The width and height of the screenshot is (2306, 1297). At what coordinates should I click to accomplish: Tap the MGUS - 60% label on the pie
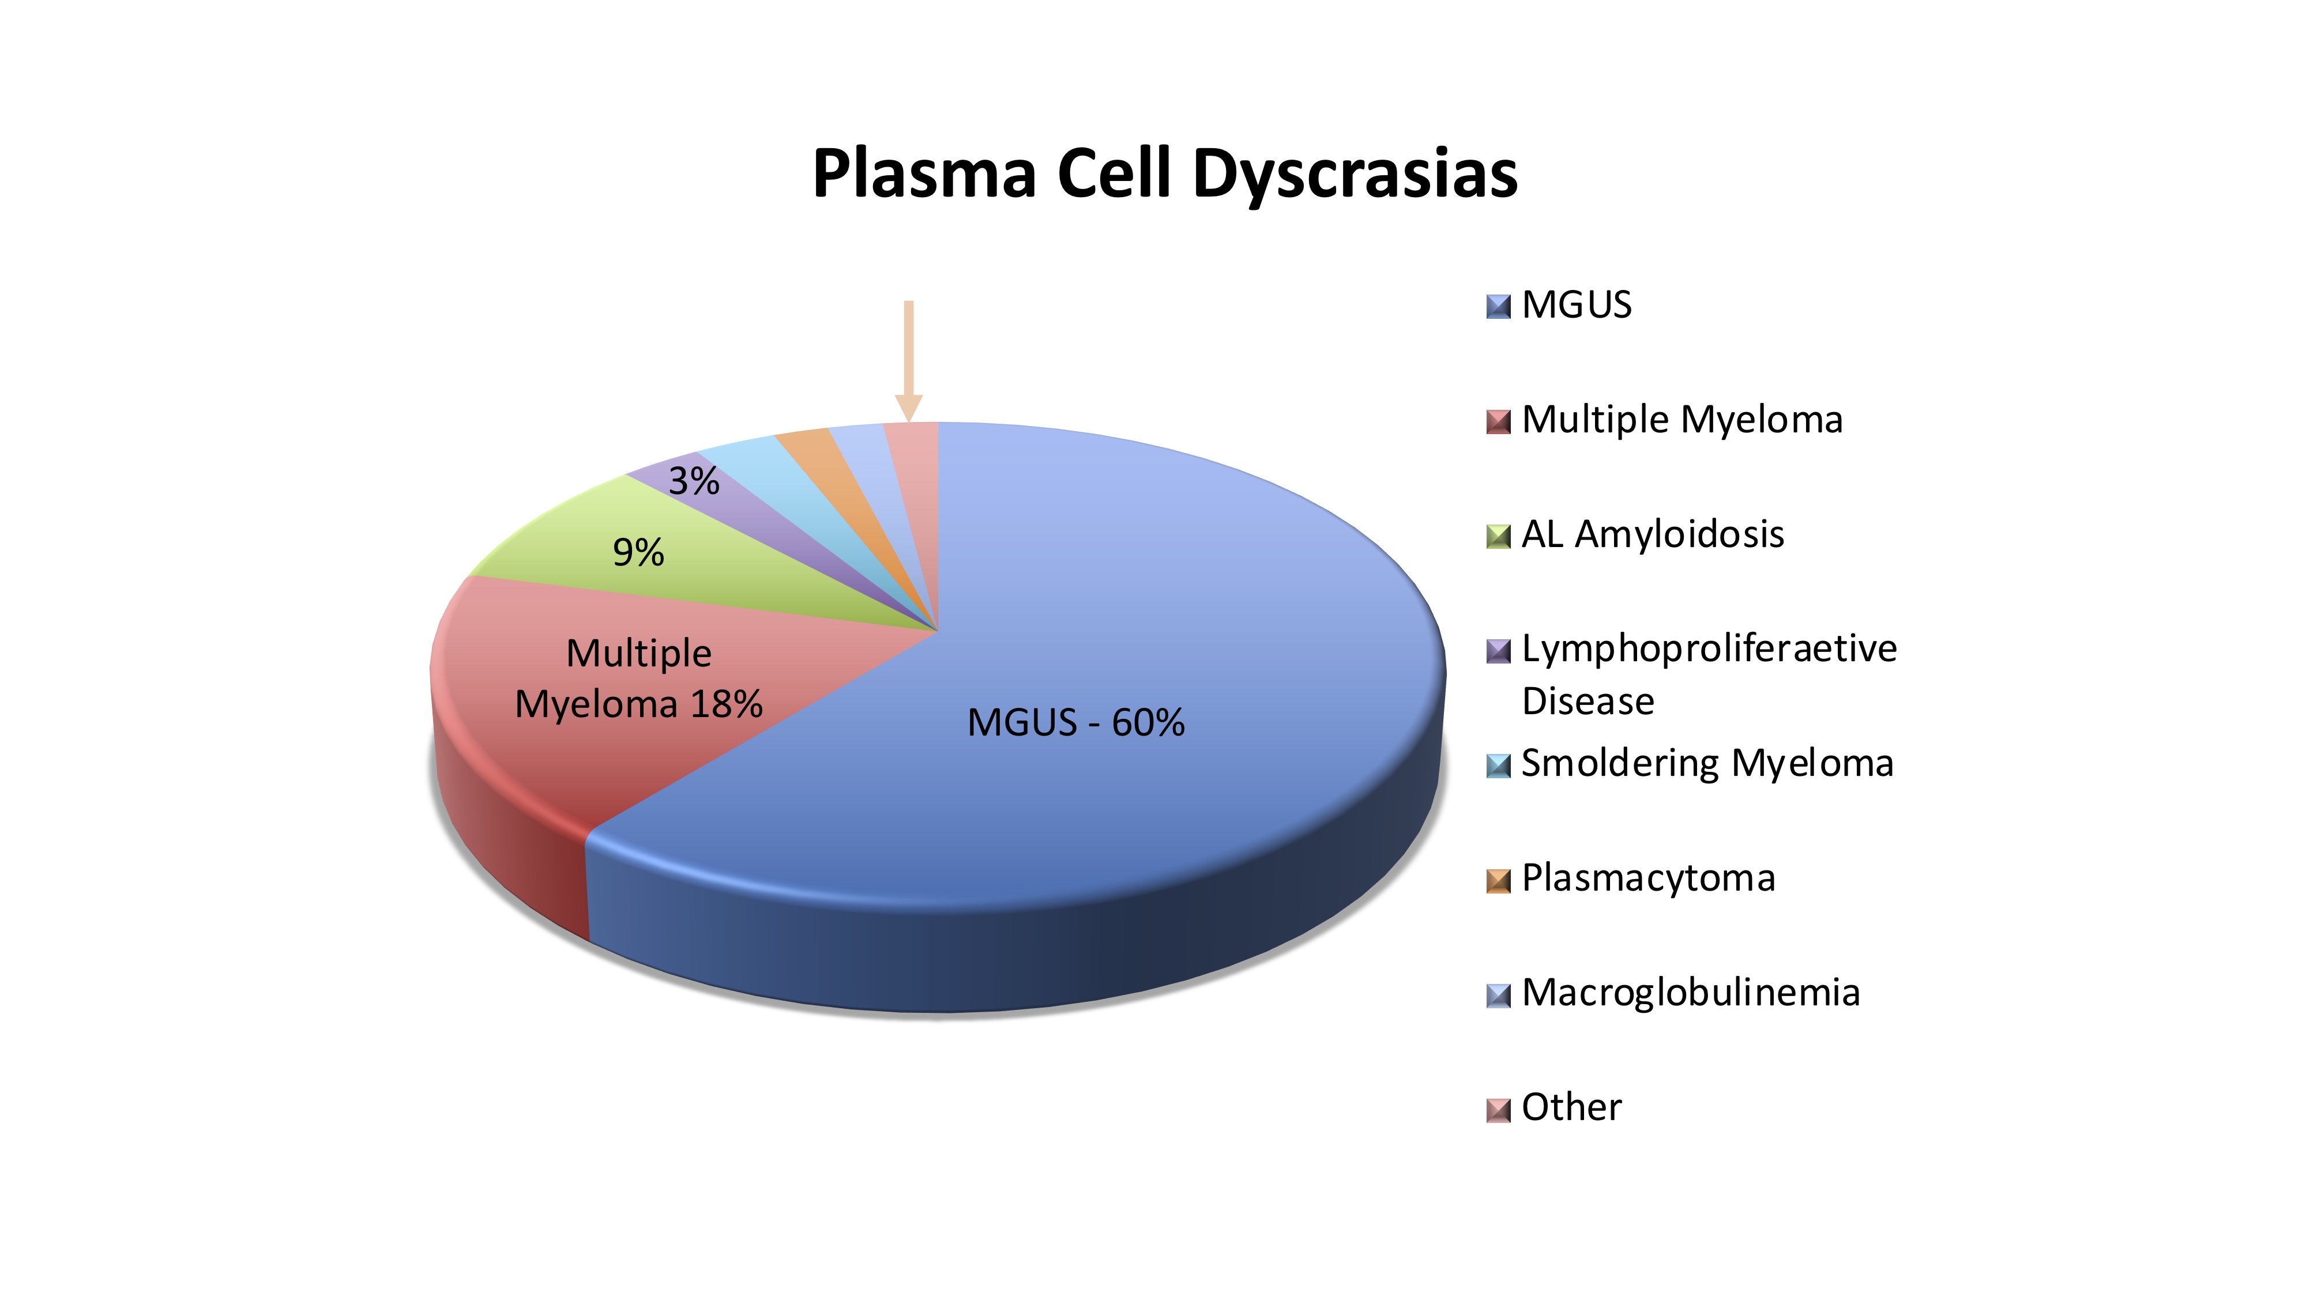1076,722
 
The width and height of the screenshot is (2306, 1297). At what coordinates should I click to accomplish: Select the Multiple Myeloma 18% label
639,678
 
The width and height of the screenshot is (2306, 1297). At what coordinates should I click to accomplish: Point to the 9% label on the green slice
638,552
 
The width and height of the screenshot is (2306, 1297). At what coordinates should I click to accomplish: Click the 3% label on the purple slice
694,481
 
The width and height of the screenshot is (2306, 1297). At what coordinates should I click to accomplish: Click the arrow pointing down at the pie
909,361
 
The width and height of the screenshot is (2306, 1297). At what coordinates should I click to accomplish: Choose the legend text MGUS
1577,306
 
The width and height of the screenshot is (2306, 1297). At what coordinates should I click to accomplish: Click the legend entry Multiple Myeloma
1682,420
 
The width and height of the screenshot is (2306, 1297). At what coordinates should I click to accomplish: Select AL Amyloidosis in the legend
1653,534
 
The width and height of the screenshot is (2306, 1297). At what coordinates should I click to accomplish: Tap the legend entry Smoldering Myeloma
1707,764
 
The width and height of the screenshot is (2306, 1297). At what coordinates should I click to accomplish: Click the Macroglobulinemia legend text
1690,993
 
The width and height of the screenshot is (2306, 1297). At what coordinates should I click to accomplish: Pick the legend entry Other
1571,1107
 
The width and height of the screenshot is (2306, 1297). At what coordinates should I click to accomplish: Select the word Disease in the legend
1588,701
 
